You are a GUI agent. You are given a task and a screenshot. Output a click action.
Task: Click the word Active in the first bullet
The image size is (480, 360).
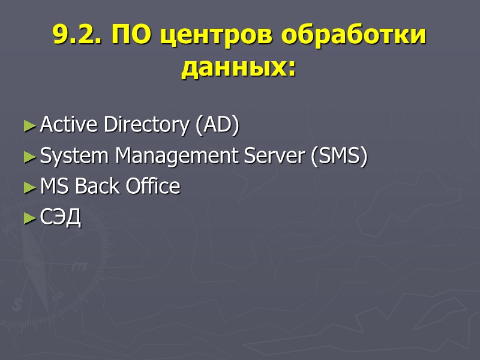(x=70, y=125)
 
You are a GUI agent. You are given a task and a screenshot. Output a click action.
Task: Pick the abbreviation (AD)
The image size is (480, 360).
(x=216, y=125)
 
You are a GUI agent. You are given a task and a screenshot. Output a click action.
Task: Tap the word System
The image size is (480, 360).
(x=75, y=157)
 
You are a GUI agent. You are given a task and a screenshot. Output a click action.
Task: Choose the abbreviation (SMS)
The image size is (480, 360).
(x=339, y=157)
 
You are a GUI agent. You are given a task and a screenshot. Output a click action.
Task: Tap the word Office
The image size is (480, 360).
(x=152, y=187)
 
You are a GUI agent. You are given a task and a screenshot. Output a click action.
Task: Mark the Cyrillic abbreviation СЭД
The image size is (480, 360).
(x=60, y=218)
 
